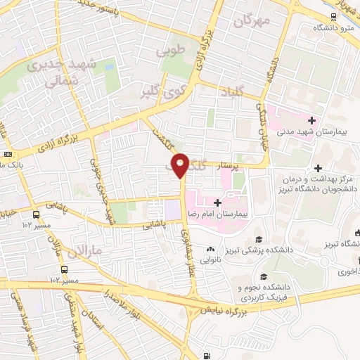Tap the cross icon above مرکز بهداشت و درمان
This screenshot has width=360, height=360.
pyautogui.click(x=319, y=168)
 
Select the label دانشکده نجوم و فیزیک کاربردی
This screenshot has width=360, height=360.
pyautogui.click(x=266, y=293)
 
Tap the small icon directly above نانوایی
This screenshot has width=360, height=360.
pyautogui.click(x=210, y=250)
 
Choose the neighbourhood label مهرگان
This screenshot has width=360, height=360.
pyautogui.click(x=254, y=22)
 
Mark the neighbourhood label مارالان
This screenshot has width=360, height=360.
pyautogui.click(x=87, y=250)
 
